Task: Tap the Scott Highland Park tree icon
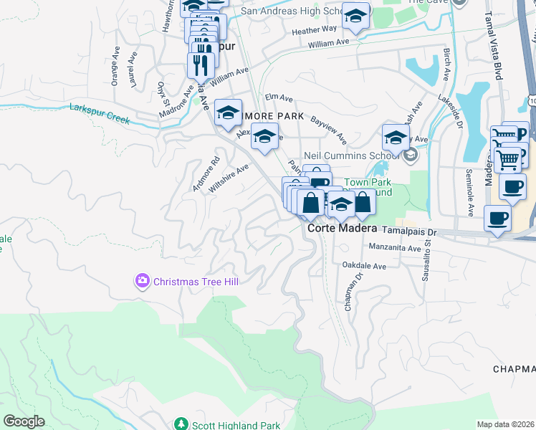181,425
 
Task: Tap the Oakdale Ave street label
364,266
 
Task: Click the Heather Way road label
314,29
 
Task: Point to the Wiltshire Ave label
229,178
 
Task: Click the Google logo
24,421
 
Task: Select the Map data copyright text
505,424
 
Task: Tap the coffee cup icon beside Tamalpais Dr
497,217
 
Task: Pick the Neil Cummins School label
362,156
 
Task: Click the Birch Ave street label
446,64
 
